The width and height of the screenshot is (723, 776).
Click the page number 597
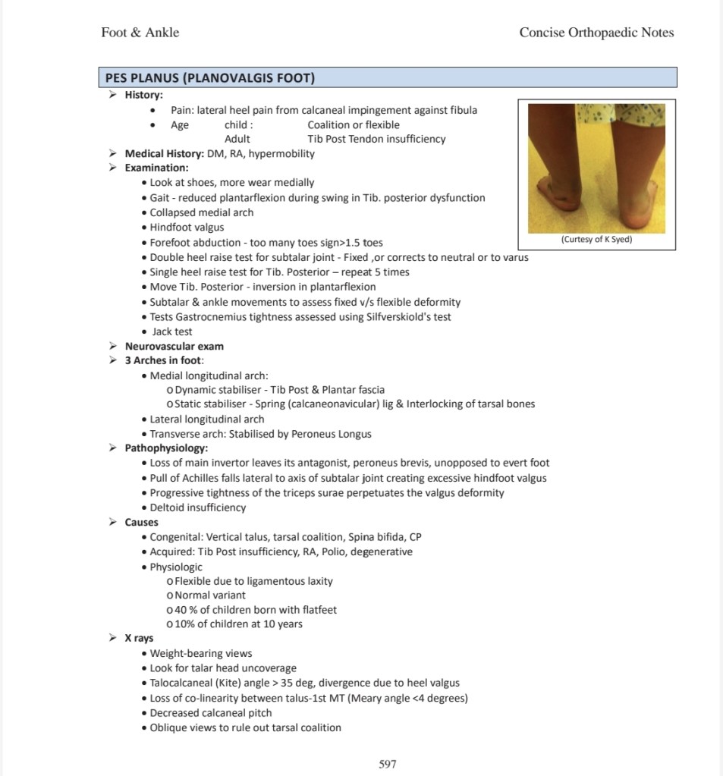387,764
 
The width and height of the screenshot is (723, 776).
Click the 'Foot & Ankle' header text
140,32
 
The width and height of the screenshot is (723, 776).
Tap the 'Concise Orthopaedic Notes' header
596,32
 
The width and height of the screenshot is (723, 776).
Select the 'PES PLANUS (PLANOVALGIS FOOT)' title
210,78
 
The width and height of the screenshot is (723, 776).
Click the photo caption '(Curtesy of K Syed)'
596,240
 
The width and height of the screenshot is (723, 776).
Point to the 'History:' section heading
144,95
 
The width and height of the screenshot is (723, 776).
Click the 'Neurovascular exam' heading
174,346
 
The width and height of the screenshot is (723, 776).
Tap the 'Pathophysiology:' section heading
166,448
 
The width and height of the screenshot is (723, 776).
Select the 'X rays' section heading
139,638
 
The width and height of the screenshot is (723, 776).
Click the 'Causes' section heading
142,522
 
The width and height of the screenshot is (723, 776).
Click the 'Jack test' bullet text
172,331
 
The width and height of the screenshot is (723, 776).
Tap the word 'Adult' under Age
237,139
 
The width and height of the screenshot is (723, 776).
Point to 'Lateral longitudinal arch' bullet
207,419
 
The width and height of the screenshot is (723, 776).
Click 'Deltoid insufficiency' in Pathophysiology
198,507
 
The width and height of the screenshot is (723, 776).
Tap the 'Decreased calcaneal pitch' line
211,712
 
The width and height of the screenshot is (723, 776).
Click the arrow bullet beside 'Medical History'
112,153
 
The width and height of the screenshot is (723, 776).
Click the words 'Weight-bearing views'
201,653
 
